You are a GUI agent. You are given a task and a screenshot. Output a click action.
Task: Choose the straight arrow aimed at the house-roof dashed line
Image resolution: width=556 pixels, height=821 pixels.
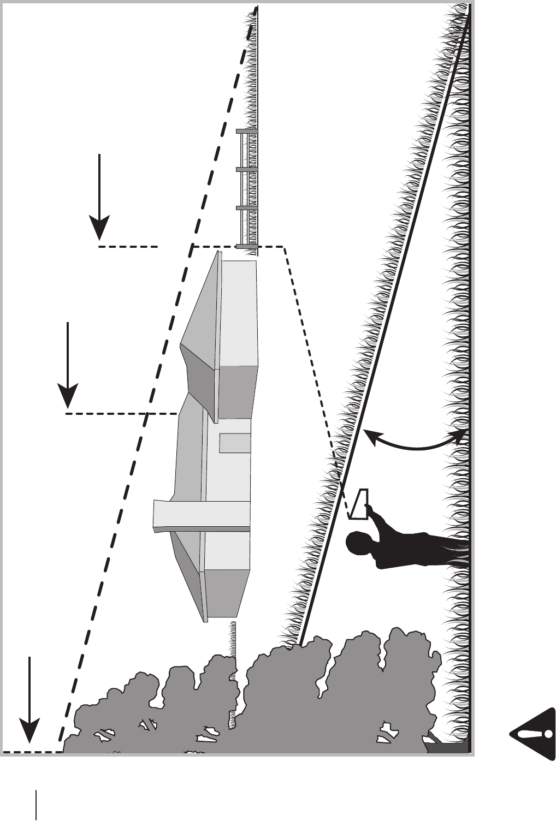click(67, 366)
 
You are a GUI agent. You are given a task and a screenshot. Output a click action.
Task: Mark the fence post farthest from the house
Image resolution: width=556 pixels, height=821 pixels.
click(247, 131)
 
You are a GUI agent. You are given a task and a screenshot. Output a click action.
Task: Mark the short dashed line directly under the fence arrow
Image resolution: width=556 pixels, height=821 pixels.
click(128, 247)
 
